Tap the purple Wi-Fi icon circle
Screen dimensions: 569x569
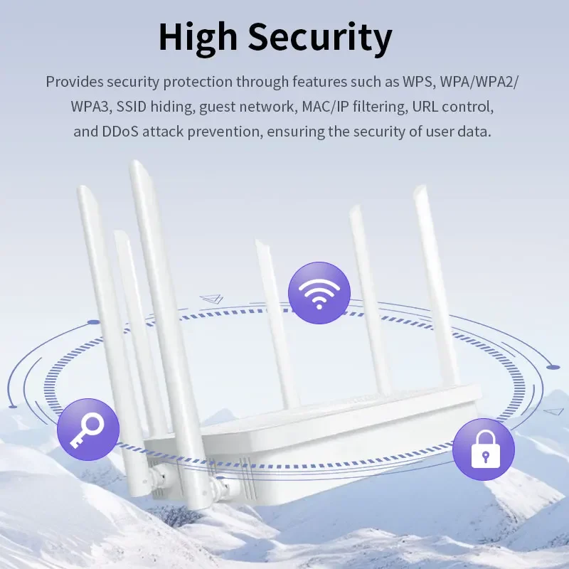click(x=319, y=293)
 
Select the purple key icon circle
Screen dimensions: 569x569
click(x=88, y=430)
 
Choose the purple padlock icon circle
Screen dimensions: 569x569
click(x=484, y=450)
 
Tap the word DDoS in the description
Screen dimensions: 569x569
click(x=120, y=132)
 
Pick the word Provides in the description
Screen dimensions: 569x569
click(x=75, y=82)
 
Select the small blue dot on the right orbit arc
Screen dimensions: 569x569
click(x=553, y=367)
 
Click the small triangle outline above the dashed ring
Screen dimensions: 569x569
click(x=211, y=299)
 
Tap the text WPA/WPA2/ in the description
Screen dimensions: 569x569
click(x=479, y=83)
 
